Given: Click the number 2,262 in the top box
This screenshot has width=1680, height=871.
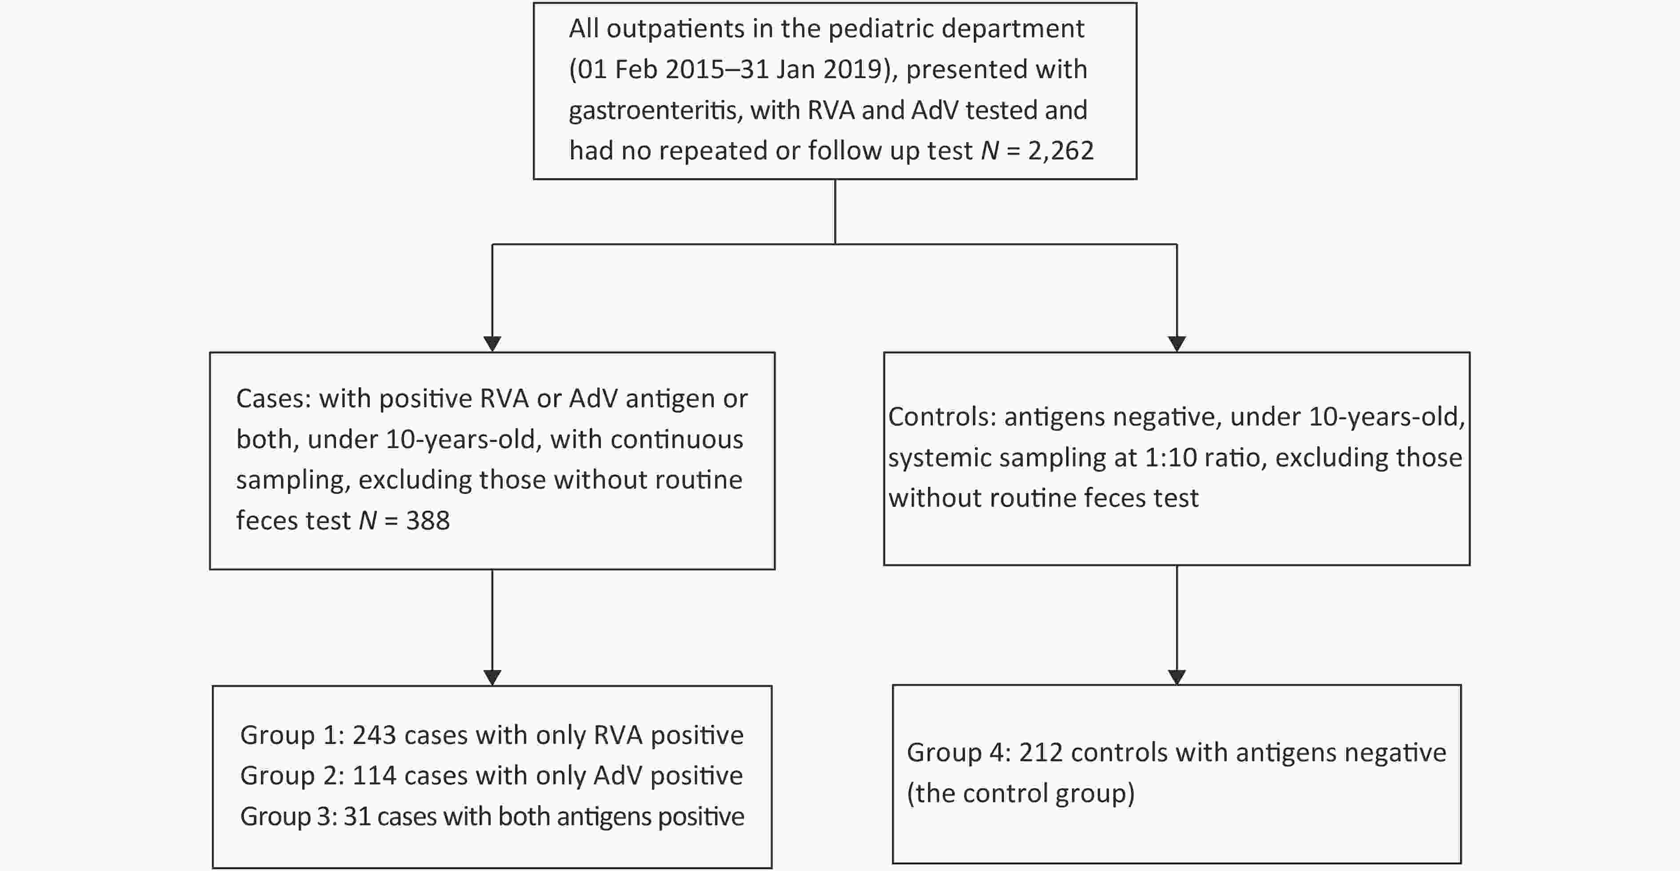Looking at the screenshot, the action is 1060,151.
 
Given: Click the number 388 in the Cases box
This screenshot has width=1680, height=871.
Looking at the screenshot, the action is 428,520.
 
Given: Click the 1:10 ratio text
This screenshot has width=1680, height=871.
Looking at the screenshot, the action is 1206,457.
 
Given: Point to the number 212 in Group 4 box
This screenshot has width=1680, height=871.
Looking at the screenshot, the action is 1041,753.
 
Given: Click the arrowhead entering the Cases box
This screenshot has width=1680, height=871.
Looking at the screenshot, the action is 492,344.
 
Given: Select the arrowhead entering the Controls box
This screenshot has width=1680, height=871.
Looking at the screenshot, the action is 1176,344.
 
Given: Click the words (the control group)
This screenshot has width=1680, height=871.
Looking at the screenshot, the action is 1020,793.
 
